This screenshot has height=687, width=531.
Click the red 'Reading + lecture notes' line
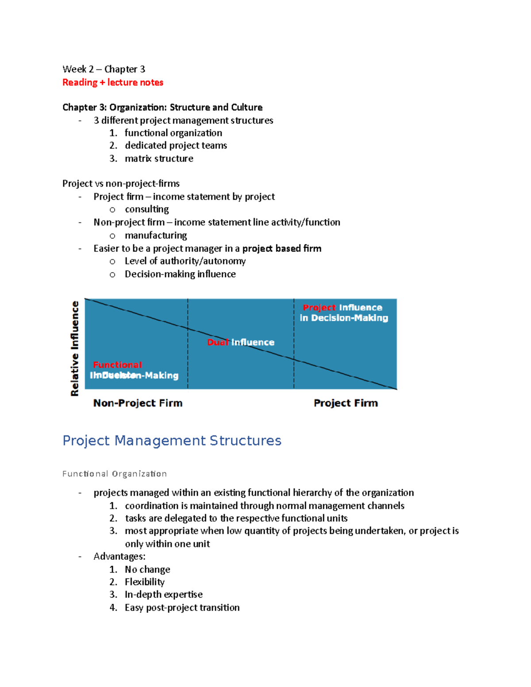click(112, 82)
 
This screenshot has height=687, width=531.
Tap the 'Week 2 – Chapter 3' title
click(104, 69)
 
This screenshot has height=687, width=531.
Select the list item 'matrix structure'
click(159, 158)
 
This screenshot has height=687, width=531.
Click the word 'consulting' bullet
click(146, 209)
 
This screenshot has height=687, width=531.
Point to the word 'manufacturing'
click(156, 235)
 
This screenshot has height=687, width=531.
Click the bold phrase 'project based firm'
click(281, 249)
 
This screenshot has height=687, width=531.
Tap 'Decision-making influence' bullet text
click(180, 274)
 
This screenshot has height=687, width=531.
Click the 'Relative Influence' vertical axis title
click(75, 348)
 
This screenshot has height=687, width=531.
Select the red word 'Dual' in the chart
click(218, 342)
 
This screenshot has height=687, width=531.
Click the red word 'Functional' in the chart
click(117, 365)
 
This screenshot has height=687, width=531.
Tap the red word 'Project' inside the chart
click(319, 307)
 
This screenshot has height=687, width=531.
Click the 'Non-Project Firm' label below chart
click(138, 403)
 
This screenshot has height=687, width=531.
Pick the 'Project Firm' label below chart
click(346, 403)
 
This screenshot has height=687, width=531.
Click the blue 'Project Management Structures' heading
click(172, 441)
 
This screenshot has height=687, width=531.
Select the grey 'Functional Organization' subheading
click(115, 474)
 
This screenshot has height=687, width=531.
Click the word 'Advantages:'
click(119, 557)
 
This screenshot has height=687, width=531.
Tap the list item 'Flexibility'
click(144, 582)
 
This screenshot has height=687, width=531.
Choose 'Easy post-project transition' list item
click(182, 608)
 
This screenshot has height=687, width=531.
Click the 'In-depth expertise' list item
click(163, 595)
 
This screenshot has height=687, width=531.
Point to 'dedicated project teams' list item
click(176, 146)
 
